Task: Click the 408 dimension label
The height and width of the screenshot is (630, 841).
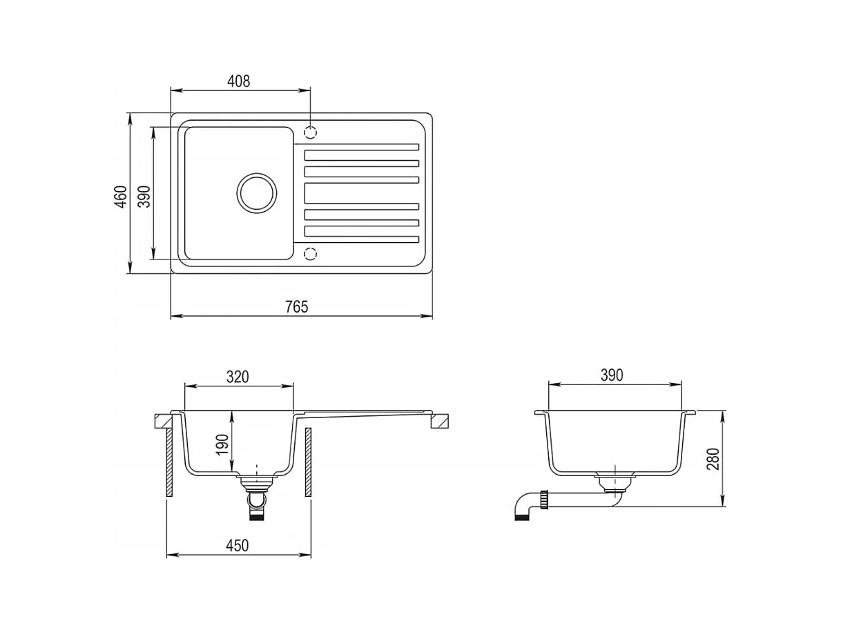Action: coord(238,81)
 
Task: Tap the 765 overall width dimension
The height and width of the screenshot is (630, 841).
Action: coord(296,307)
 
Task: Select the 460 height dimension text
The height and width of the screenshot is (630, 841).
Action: coord(121,197)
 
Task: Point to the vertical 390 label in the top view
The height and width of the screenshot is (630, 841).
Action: coord(144,197)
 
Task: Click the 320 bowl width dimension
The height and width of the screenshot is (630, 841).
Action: coord(238,377)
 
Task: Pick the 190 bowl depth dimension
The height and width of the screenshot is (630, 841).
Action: coord(222,445)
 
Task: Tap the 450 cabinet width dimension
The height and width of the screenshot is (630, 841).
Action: coord(237,545)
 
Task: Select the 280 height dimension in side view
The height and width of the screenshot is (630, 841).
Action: coord(713,459)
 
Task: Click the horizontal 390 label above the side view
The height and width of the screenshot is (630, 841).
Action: coord(612,375)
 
